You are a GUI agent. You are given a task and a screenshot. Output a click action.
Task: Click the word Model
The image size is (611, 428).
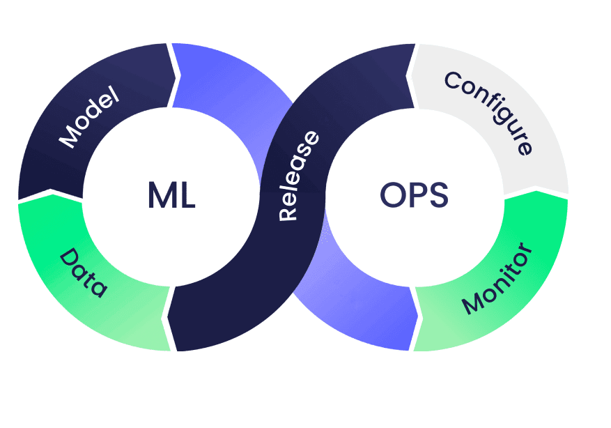(x=89, y=117)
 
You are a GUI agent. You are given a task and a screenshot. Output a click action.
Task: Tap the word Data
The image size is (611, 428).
(x=83, y=273)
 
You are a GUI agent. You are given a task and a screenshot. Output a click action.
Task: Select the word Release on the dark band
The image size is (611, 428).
(x=298, y=176)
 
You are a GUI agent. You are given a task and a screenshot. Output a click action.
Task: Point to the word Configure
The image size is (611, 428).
(x=488, y=112)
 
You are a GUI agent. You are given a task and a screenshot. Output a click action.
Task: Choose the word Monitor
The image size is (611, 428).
(x=497, y=278)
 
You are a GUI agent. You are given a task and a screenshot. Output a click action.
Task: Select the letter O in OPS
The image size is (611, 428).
(x=393, y=194)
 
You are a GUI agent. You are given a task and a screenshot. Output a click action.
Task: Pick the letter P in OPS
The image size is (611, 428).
(x=418, y=195)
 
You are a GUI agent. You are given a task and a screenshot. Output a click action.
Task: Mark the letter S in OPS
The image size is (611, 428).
(x=439, y=195)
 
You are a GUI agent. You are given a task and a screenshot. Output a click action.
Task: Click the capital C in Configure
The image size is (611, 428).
(x=452, y=81)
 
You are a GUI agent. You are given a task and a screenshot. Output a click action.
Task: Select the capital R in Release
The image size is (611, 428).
(x=288, y=212)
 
